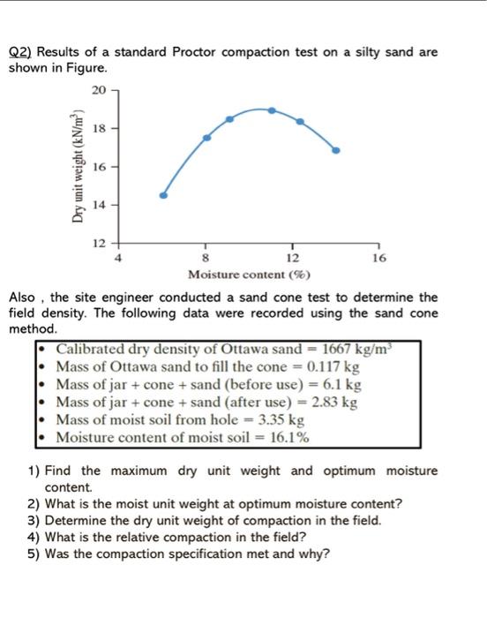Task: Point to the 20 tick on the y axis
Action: point(97,90)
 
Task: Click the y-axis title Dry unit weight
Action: point(79,164)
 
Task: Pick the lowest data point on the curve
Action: point(163,195)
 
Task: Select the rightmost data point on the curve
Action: point(335,150)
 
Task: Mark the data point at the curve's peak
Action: point(272,110)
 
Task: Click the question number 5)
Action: point(32,554)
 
